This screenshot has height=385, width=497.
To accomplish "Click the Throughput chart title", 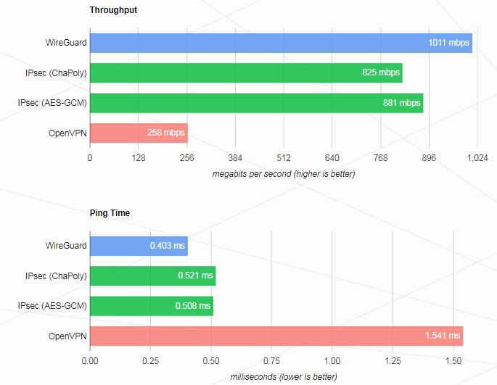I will coord(113,10).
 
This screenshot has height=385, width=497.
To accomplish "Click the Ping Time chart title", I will coord(110,213).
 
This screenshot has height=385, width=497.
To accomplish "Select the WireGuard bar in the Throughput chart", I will coord(281,43).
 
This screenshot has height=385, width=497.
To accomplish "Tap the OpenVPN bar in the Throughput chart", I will coord(139,133).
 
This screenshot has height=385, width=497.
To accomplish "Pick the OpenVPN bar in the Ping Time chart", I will coord(276,336).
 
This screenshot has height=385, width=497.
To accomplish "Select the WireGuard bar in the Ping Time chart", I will coord(139,246).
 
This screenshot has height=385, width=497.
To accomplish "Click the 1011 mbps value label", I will coord(448,43).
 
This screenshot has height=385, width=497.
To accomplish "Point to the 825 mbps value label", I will coord(380,73).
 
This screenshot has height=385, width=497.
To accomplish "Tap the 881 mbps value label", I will coord(401,103).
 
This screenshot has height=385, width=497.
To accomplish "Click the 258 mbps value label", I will coord(165,133).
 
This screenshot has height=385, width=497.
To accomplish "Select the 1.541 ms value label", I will coord(443,336).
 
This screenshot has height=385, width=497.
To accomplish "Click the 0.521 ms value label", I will coord(196,276).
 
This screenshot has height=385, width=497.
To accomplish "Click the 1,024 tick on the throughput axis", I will coord(477,158).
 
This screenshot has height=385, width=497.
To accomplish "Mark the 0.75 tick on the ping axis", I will coord(271,360).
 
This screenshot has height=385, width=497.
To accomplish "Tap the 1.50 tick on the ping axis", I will coord(453,360).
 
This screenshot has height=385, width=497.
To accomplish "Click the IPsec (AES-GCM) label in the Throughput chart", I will coord(52,103).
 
